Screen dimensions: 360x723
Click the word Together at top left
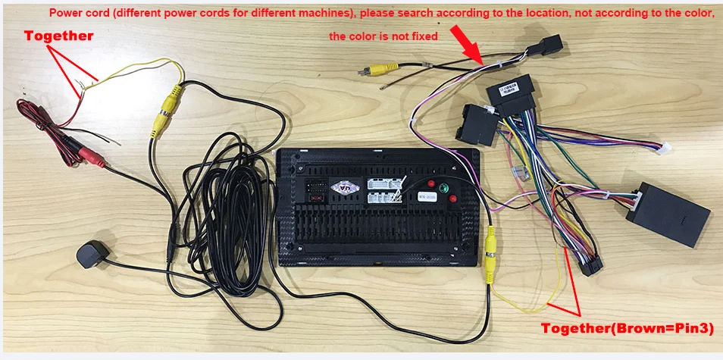point(59,36)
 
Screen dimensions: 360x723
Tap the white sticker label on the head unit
point(427,195)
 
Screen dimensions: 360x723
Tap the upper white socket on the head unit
point(378,184)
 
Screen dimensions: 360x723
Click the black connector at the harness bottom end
point(590,266)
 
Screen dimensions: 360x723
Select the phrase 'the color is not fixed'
point(383,36)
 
